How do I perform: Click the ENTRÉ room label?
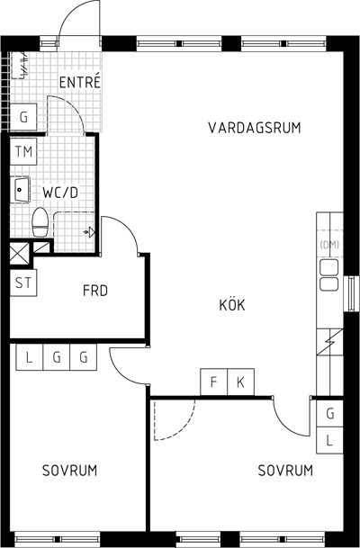point(80,82)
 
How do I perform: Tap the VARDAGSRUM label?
point(255,128)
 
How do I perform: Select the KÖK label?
point(232,304)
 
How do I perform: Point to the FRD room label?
point(95,291)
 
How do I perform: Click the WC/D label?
point(60,193)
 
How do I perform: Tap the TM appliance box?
point(23,152)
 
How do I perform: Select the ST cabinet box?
point(23,283)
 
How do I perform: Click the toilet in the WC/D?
point(40,222)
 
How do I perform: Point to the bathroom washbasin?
point(22,190)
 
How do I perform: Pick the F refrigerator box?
point(214,382)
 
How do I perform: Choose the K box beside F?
point(241,382)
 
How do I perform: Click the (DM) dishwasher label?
point(329,245)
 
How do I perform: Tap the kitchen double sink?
point(329,274)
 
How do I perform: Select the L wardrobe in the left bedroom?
point(30,357)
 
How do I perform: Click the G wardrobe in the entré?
point(23,117)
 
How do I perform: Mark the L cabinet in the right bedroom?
point(329,440)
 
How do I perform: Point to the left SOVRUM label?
point(69,471)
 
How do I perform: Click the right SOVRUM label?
point(285,471)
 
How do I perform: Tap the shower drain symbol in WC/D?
point(89,232)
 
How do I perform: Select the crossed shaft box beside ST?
point(19,253)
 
